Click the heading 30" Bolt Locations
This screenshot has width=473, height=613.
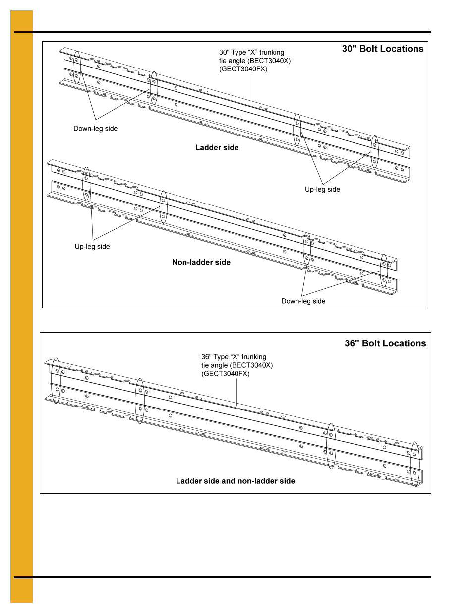(x=382, y=49)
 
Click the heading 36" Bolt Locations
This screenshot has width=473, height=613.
(x=385, y=343)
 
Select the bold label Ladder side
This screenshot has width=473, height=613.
(x=217, y=148)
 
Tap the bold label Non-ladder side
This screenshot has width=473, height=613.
(x=201, y=262)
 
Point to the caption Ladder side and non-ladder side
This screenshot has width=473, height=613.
(x=235, y=481)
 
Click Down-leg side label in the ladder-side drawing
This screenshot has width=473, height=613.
(x=95, y=129)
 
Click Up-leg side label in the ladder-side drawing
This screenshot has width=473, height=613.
(x=322, y=189)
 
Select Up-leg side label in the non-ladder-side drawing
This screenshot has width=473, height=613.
(x=92, y=247)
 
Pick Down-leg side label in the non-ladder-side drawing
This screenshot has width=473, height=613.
(x=303, y=301)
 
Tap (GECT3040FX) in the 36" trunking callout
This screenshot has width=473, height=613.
(x=226, y=374)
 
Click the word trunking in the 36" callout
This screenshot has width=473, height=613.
(x=254, y=357)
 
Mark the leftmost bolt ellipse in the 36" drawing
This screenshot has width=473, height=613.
(x=56, y=380)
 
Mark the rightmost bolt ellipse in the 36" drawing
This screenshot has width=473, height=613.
(x=414, y=464)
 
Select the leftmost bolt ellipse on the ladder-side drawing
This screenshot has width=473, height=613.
(x=77, y=68)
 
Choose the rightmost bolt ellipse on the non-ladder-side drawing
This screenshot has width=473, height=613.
(x=384, y=271)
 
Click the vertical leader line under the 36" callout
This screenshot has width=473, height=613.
(x=237, y=392)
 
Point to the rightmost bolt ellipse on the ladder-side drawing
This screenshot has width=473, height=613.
(x=375, y=151)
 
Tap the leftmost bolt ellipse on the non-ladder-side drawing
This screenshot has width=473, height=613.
(x=86, y=185)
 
